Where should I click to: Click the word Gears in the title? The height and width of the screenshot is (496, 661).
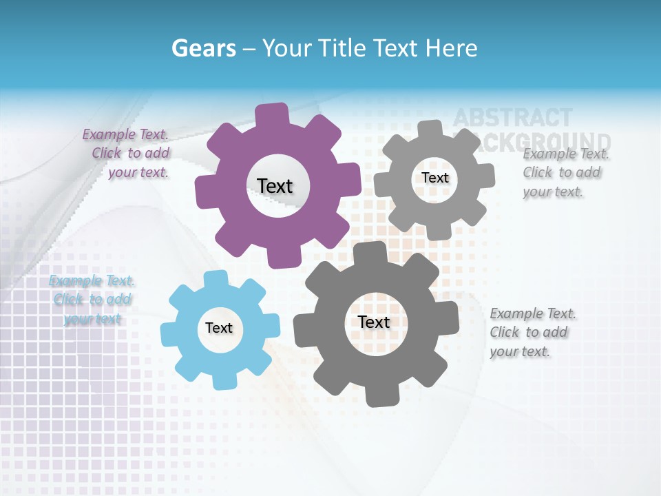tap(203, 48)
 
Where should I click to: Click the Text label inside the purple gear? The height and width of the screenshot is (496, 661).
tap(275, 186)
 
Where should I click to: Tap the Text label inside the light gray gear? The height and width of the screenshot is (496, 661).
tap(434, 178)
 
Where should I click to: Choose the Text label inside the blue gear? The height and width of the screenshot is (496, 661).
tap(219, 328)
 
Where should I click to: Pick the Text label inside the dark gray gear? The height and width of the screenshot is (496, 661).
tap(374, 322)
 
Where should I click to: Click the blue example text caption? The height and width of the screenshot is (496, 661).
tap(92, 300)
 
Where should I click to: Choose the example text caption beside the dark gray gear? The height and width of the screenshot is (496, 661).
tap(532, 332)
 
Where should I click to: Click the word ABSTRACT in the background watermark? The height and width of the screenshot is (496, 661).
tap(512, 118)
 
